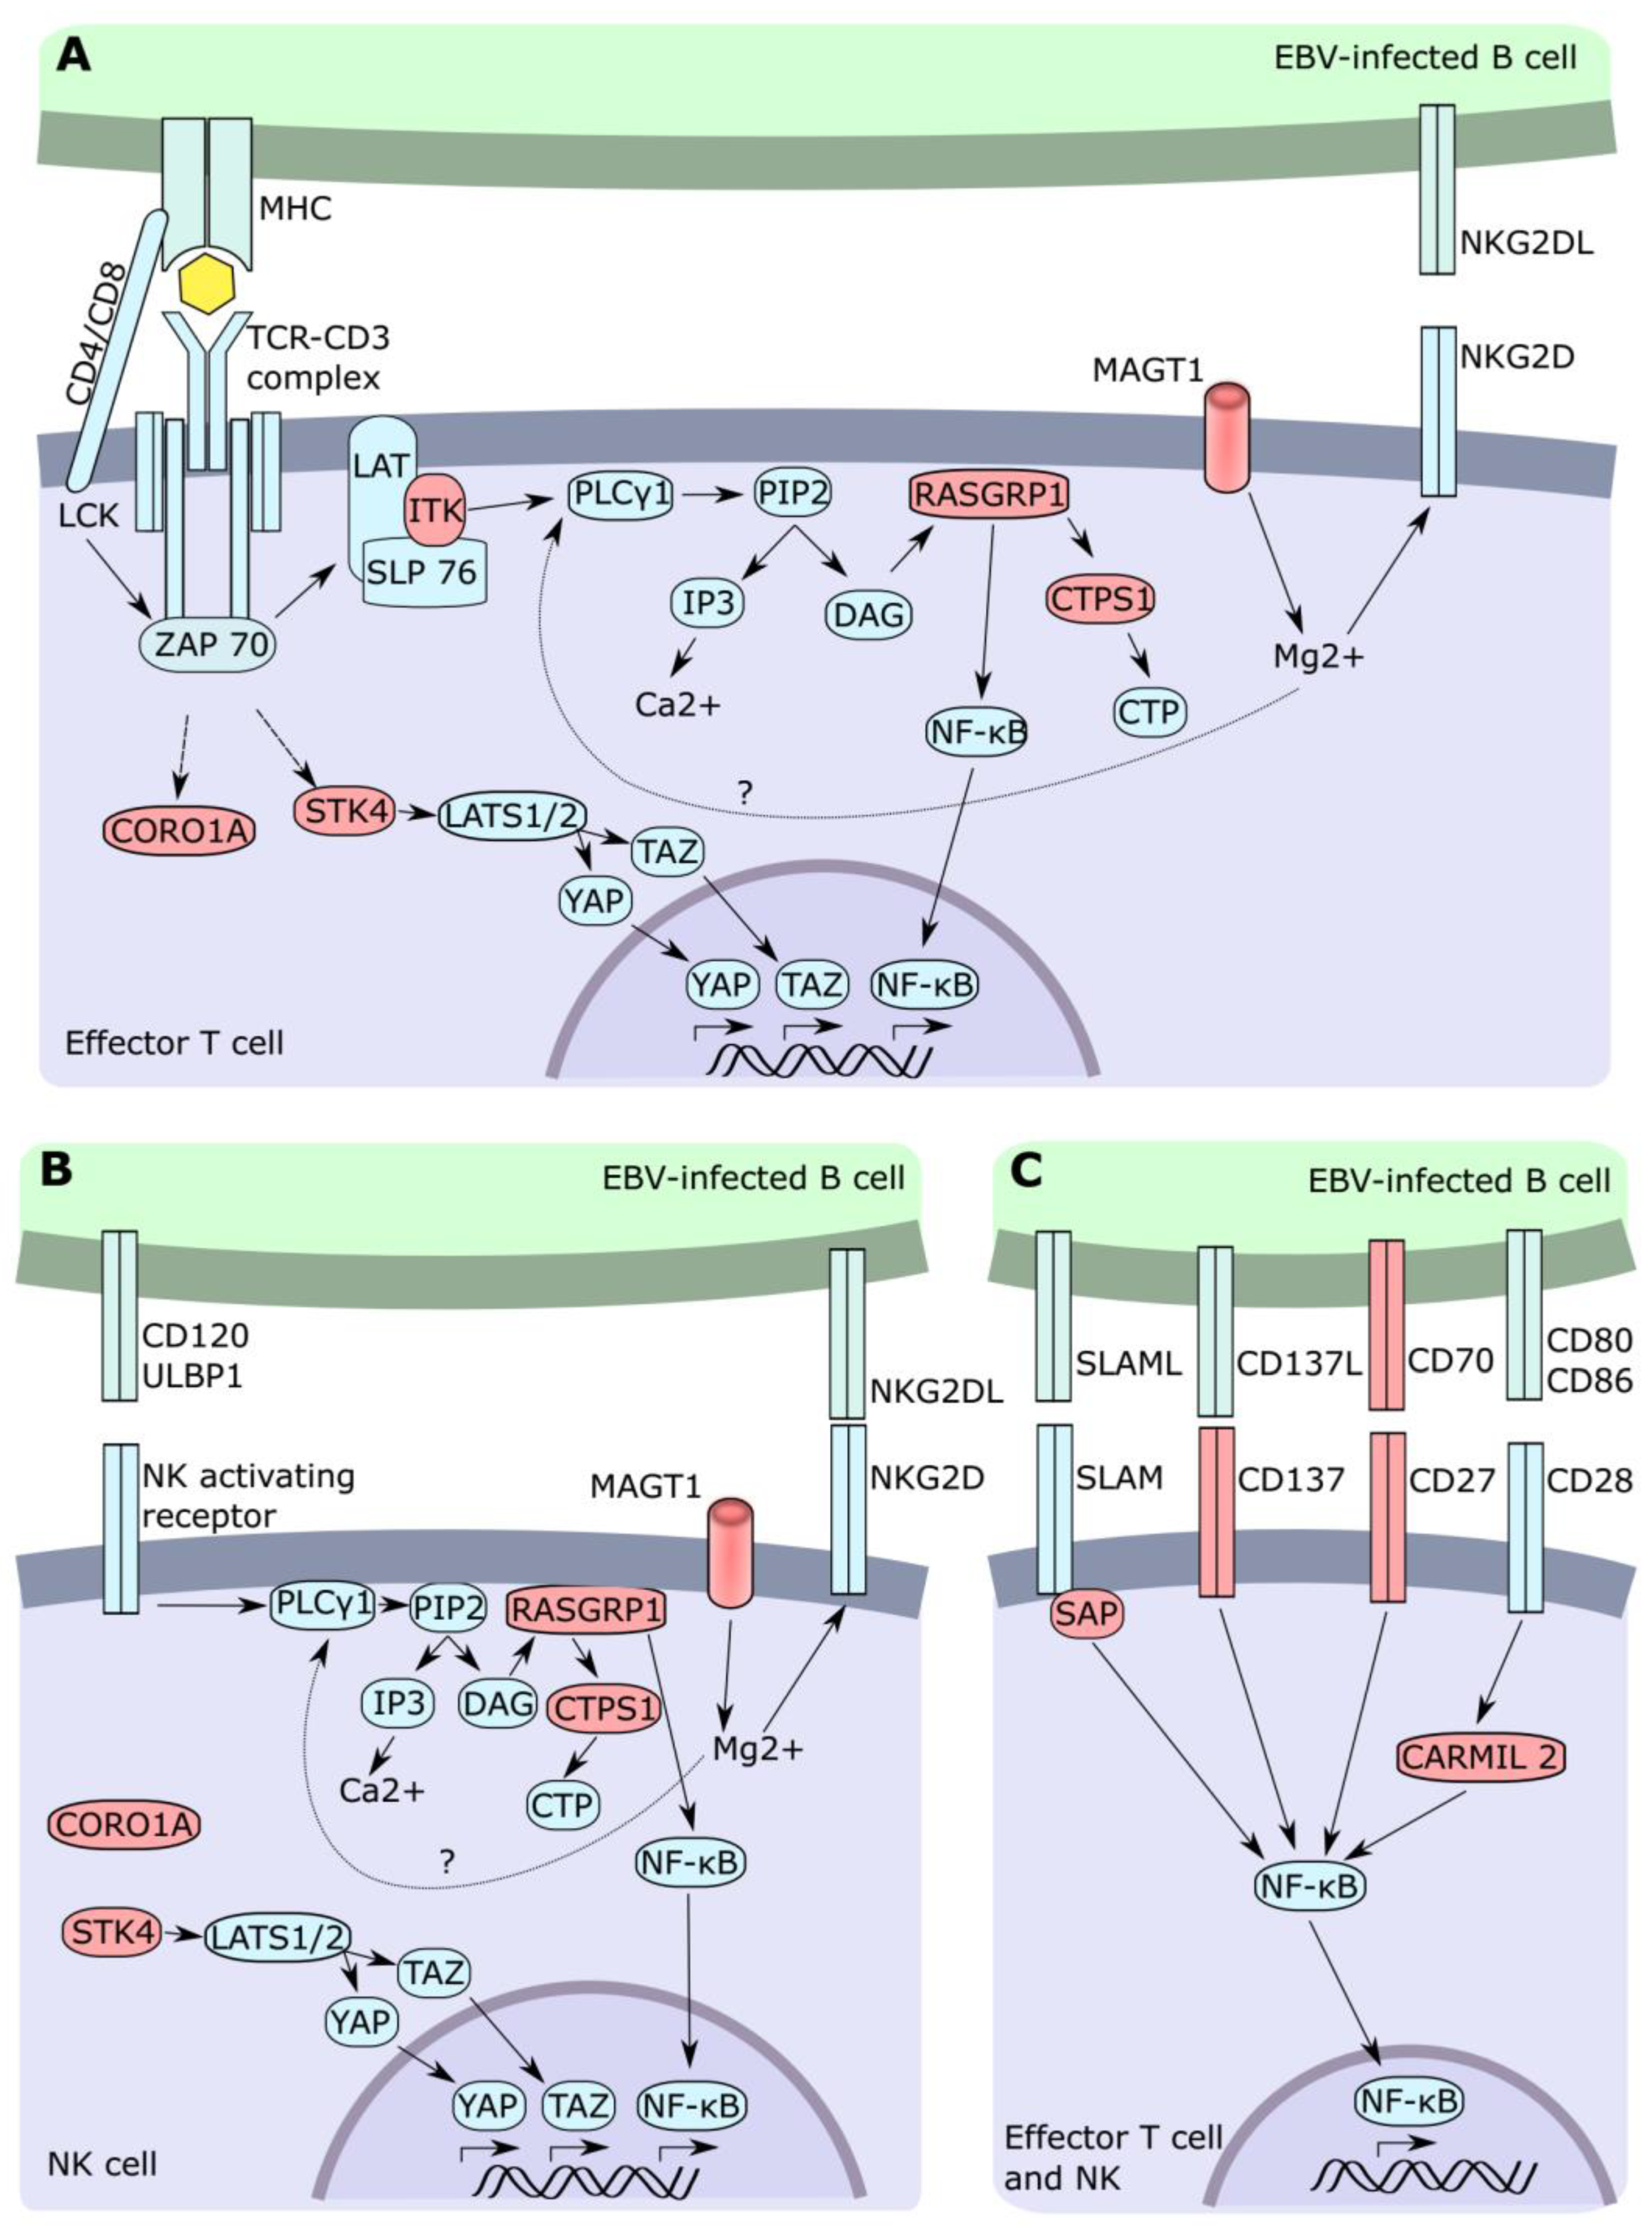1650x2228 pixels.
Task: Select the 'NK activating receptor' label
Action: (x=248, y=1495)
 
